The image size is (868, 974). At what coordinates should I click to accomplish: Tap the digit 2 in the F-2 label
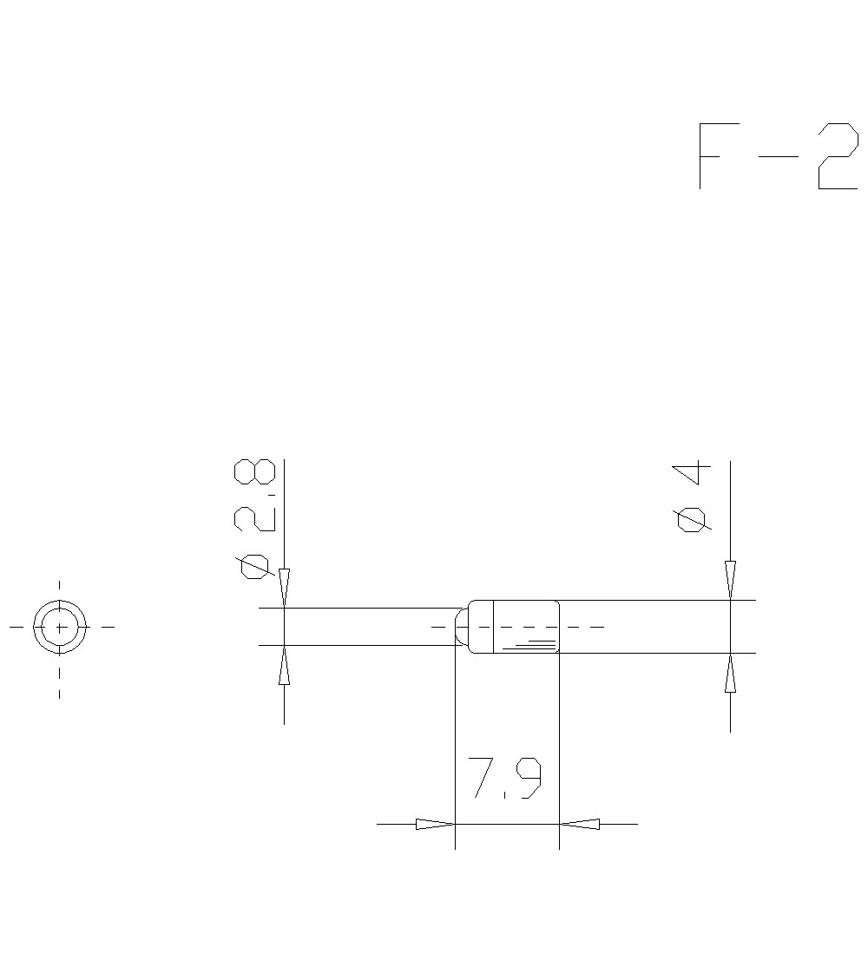click(x=837, y=156)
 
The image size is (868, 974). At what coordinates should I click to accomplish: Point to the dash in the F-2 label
click(x=778, y=156)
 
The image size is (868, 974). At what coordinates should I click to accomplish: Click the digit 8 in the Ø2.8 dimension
click(x=254, y=472)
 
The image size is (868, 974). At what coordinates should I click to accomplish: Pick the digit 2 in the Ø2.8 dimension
click(x=255, y=519)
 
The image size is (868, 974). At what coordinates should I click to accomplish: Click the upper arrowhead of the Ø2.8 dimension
click(x=284, y=588)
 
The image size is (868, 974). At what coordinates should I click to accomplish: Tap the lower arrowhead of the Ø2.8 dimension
click(x=284, y=666)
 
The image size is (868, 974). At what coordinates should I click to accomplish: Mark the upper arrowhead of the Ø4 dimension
click(x=730, y=579)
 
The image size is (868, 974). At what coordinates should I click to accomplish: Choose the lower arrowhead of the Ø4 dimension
click(x=730, y=674)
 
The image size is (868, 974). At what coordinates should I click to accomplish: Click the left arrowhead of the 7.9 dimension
click(x=435, y=824)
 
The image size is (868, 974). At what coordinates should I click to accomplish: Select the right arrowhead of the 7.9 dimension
click(x=579, y=824)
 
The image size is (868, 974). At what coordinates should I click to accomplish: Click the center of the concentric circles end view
click(x=59, y=626)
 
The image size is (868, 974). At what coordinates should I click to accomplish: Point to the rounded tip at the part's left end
click(x=461, y=626)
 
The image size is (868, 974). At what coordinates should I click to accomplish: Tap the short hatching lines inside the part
click(x=534, y=645)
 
